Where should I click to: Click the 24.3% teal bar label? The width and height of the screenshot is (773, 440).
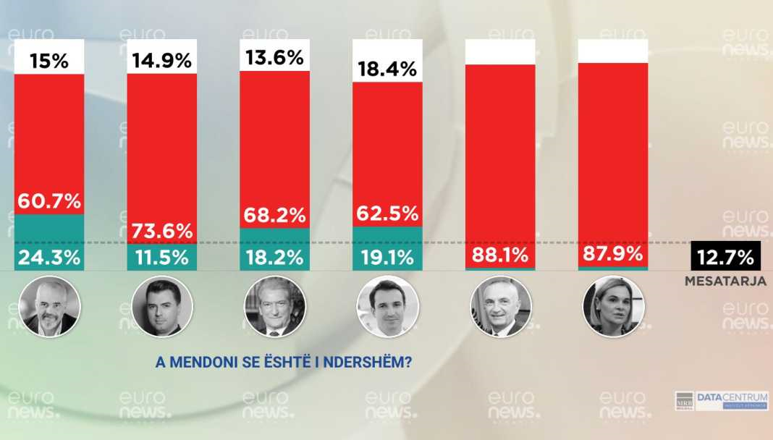pyautogui.click(x=50, y=257)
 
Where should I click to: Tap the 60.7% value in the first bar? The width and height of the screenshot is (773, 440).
pyautogui.click(x=50, y=201)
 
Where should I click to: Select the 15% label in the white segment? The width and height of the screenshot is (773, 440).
pyautogui.click(x=50, y=62)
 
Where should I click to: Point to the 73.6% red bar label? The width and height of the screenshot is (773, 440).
pyautogui.click(x=162, y=231)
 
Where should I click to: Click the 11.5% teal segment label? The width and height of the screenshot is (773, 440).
pyautogui.click(x=162, y=257)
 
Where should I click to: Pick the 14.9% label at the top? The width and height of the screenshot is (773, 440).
pyautogui.click(x=162, y=62)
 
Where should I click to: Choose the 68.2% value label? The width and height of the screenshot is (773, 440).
pyautogui.click(x=275, y=216)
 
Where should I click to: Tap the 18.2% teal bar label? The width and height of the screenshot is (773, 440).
pyautogui.click(x=275, y=257)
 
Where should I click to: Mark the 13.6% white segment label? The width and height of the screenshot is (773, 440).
pyautogui.click(x=275, y=57)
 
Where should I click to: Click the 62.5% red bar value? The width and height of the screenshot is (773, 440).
pyautogui.click(x=387, y=214)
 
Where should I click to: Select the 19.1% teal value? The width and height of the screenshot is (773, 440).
pyautogui.click(x=387, y=257)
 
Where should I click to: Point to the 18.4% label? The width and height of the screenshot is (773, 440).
pyautogui.click(x=387, y=69)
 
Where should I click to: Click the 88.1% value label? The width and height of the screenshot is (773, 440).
pyautogui.click(x=500, y=255)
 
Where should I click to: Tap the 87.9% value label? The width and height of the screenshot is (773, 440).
pyautogui.click(x=613, y=255)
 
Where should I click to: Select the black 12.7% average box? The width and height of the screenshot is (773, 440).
pyautogui.click(x=725, y=257)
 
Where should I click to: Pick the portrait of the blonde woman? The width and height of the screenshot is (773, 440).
pyautogui.click(x=613, y=306)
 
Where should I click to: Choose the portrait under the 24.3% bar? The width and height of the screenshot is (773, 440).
pyautogui.click(x=50, y=306)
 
